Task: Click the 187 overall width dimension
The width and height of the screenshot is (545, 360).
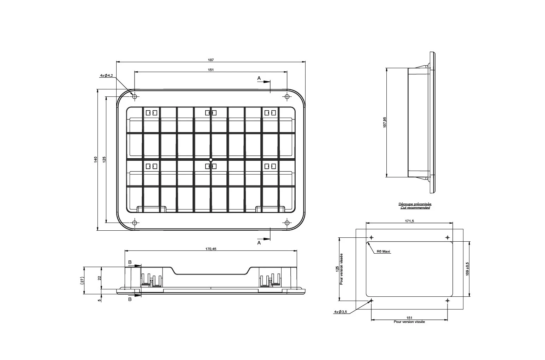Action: (211, 60)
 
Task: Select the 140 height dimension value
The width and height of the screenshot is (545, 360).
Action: (96, 160)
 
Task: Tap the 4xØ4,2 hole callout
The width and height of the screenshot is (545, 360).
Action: (107, 76)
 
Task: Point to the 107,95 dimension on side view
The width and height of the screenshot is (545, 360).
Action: (385, 122)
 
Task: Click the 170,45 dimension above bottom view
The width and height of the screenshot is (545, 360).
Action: (211, 249)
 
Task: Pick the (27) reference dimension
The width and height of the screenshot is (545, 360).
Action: (82, 281)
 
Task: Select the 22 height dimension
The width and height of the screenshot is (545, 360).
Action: (99, 278)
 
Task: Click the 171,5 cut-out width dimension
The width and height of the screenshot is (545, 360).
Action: (409, 221)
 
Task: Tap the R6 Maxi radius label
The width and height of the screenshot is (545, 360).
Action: (384, 252)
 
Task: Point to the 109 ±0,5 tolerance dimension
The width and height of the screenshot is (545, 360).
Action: (467, 269)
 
